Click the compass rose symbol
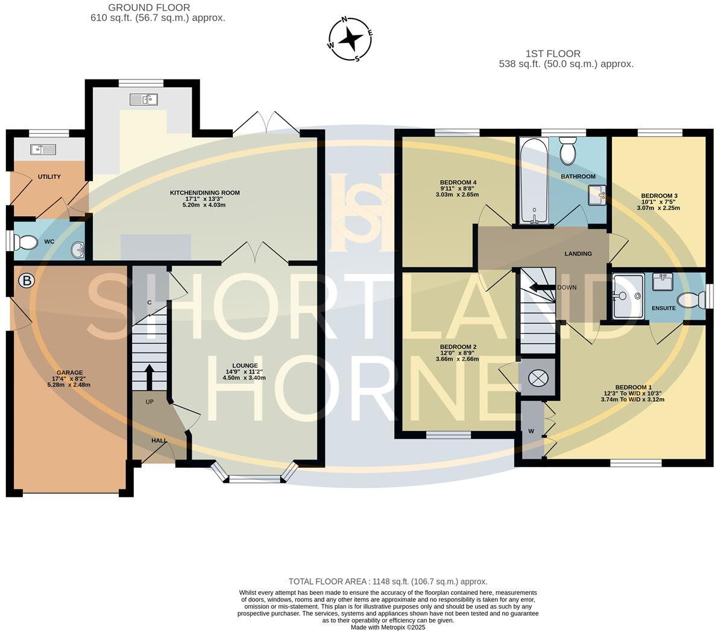click(350, 40)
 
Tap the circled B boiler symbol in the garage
click(26, 280)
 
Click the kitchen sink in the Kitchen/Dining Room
click(143, 99)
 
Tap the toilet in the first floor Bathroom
click(568, 151)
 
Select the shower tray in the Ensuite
click(628, 296)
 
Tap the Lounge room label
click(245, 365)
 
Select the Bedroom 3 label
click(660, 196)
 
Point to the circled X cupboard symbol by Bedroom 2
click(537, 378)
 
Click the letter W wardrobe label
click(531, 431)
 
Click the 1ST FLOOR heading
click(553, 54)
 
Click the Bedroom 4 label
click(458, 182)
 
